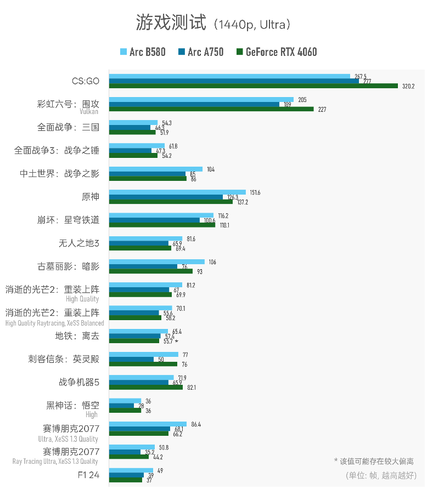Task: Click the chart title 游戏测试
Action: pyautogui.click(x=171, y=24)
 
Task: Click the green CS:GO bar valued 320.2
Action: pyautogui.click(x=253, y=86)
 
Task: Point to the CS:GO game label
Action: pyautogui.click(x=86, y=81)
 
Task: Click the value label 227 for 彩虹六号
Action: pyautogui.click(x=322, y=109)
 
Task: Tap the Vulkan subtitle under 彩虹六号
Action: pyautogui.click(x=89, y=111)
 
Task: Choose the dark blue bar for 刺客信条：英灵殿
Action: pyautogui.click(x=131, y=359)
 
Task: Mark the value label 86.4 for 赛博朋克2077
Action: pyautogui.click(x=195, y=424)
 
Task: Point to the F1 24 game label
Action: pyautogui.click(x=88, y=475)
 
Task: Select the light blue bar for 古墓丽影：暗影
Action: pyautogui.click(x=156, y=261)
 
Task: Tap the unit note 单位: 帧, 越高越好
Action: pyautogui.click(x=381, y=475)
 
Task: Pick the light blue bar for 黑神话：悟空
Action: pyautogui.click(x=125, y=401)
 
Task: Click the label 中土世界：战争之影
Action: pyautogui.click(x=60, y=174)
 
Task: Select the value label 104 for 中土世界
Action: pyautogui.click(x=211, y=169)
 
